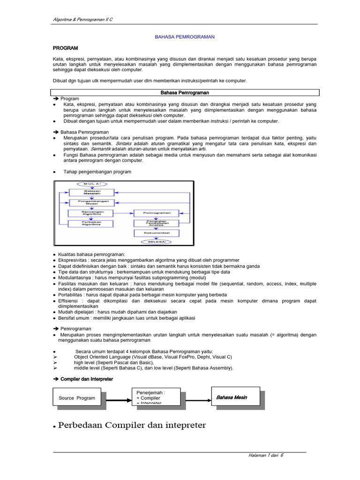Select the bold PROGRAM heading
65,48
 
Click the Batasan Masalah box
91,192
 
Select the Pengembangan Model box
91,202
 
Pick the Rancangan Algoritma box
91,213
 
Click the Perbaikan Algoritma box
91,223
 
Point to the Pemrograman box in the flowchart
157,213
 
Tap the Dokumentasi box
157,233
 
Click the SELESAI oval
157,242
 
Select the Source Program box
77,398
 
